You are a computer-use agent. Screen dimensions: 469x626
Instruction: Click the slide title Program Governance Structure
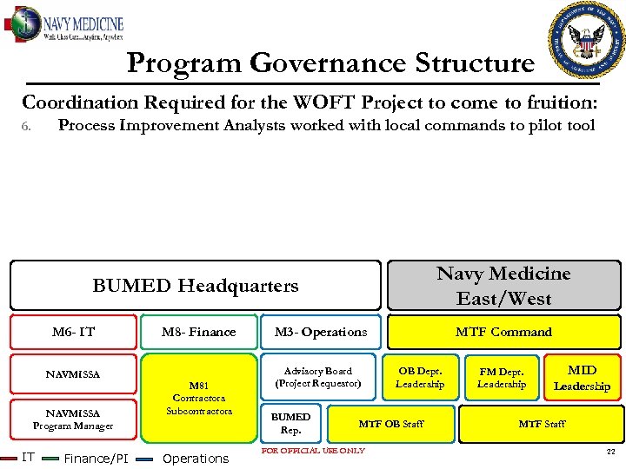pyautogui.click(x=330, y=63)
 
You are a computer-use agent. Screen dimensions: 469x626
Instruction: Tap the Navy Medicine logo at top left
pyautogui.click(x=66, y=25)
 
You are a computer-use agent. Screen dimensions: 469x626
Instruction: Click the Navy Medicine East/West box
pyautogui.click(x=503, y=286)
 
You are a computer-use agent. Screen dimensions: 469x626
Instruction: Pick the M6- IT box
pyautogui.click(x=73, y=332)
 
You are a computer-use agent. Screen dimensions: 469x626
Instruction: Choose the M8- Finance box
pyautogui.click(x=198, y=332)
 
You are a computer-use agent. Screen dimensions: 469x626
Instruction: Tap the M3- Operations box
pyautogui.click(x=321, y=332)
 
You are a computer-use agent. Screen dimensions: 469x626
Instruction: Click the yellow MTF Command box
pyautogui.click(x=503, y=332)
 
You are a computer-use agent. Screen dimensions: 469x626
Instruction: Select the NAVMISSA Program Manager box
pyautogui.click(x=73, y=419)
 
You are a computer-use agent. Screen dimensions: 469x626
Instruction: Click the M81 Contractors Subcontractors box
pyautogui.click(x=199, y=397)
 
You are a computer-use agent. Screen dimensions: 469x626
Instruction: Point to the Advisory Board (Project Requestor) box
pyautogui.click(x=318, y=377)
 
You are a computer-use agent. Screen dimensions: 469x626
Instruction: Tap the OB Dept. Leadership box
pyautogui.click(x=420, y=377)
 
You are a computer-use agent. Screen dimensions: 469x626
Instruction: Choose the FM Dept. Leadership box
pyautogui.click(x=502, y=377)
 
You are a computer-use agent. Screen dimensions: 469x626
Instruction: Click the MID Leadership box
pyautogui.click(x=582, y=378)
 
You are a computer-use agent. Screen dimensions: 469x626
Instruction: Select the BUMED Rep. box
pyautogui.click(x=290, y=423)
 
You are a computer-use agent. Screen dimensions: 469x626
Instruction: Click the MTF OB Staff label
pyautogui.click(x=391, y=424)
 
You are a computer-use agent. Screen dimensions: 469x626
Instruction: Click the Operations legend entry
pyautogui.click(x=195, y=458)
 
